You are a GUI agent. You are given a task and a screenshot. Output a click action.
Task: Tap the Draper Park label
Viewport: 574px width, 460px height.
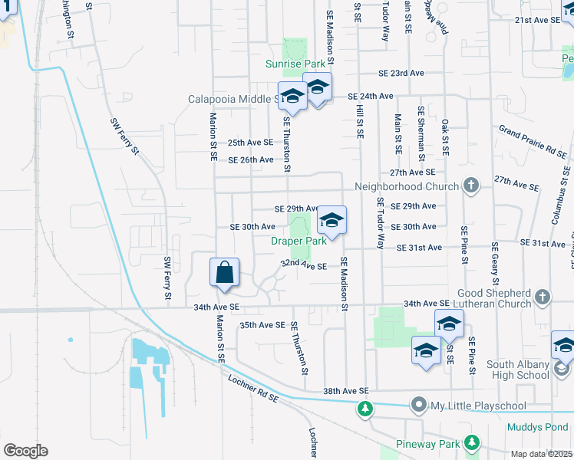[299, 241]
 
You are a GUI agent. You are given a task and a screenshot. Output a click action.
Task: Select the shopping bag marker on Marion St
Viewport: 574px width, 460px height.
[224, 273]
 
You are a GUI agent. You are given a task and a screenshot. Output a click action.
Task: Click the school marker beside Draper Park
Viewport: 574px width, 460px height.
[331, 221]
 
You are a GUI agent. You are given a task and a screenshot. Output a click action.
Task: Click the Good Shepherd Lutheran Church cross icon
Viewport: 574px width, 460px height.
[543, 296]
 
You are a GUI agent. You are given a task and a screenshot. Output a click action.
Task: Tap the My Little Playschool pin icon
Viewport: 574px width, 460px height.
[418, 403]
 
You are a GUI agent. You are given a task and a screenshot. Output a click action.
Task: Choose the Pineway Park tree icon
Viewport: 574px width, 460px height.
[471, 443]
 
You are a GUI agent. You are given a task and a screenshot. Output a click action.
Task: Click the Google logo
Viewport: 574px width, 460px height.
[25, 450]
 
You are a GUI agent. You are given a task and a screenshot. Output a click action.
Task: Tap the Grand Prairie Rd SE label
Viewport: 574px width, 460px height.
[533, 143]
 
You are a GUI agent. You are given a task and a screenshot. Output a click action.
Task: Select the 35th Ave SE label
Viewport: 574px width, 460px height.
[262, 325]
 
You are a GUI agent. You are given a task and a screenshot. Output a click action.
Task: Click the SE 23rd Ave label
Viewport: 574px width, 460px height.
[401, 73]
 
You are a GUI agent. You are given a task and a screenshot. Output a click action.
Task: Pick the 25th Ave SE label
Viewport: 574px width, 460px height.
[250, 143]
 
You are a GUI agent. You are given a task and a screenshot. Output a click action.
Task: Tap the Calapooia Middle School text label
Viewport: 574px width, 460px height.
[234, 99]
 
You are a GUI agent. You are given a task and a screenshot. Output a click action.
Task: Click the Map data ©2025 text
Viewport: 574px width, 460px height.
[541, 454]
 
